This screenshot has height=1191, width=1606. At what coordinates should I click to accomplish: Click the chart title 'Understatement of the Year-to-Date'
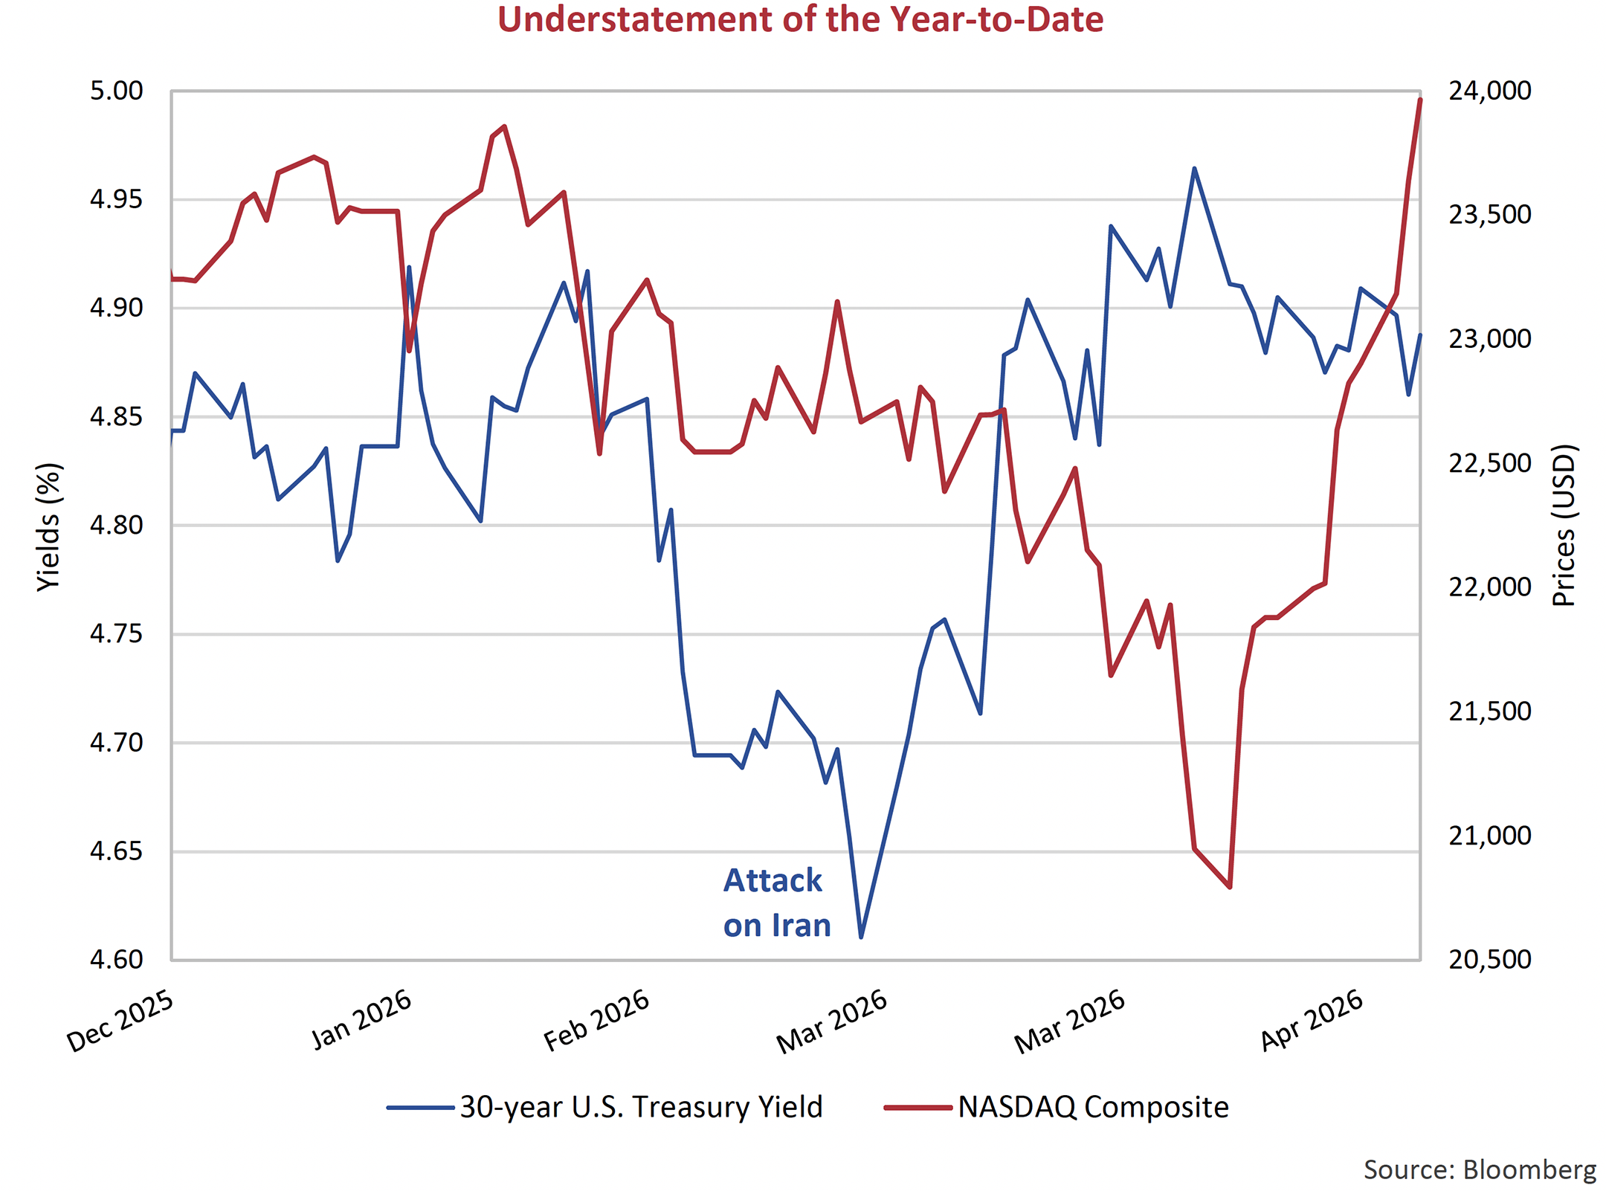click(800, 19)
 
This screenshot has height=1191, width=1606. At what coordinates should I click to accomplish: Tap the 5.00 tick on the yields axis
click(117, 91)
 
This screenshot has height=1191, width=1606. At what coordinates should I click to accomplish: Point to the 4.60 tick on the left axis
click(117, 960)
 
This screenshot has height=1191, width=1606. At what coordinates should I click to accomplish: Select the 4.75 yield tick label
click(117, 634)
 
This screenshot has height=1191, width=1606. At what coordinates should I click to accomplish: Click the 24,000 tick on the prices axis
click(1489, 91)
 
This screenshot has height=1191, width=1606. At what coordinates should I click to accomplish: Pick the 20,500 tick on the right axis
click(1489, 960)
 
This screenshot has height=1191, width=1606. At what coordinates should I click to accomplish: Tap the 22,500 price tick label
click(1489, 463)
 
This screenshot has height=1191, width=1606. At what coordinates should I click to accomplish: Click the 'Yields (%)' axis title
click(49, 526)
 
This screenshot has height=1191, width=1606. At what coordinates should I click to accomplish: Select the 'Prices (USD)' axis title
click(1564, 525)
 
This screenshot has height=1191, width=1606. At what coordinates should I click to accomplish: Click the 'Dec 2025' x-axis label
click(120, 1021)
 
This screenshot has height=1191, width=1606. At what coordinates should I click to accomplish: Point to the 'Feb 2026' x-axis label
click(597, 1021)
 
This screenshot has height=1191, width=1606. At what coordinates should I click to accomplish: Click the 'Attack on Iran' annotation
click(776, 903)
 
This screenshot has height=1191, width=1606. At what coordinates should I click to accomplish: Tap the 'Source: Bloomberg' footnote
click(1479, 1169)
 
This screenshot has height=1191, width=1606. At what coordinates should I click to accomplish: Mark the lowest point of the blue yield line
click(861, 937)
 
